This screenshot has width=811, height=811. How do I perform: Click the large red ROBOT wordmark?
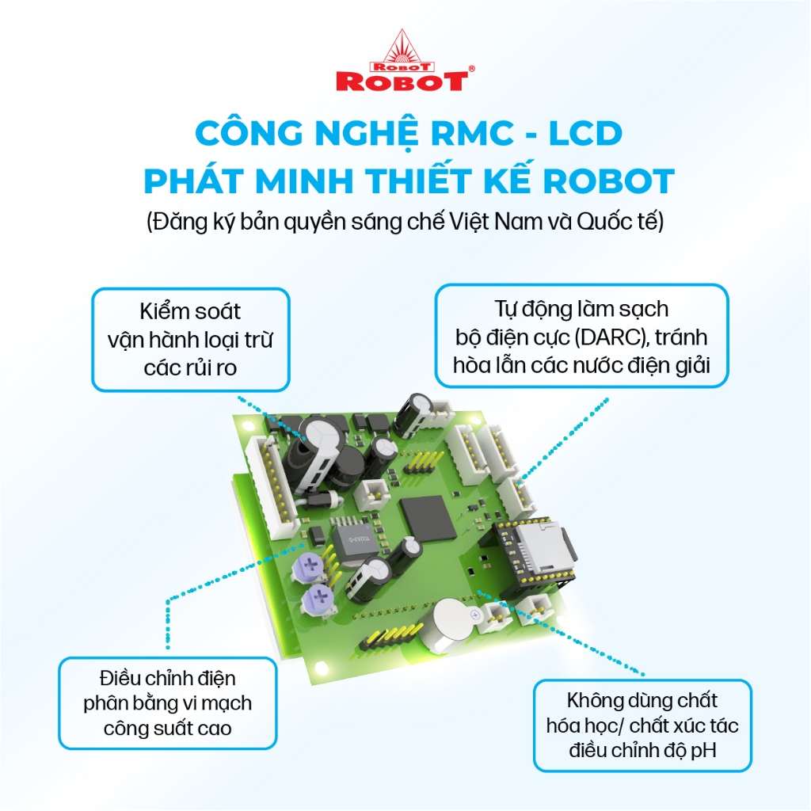click(x=402, y=82)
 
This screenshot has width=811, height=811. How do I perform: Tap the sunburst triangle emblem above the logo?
click(x=402, y=47)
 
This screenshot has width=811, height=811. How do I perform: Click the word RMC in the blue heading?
click(x=472, y=133)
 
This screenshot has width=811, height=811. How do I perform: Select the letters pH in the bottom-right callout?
click(x=703, y=750)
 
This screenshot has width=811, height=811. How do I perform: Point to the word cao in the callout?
click(x=214, y=729)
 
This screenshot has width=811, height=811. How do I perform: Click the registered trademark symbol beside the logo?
click(x=471, y=68)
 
